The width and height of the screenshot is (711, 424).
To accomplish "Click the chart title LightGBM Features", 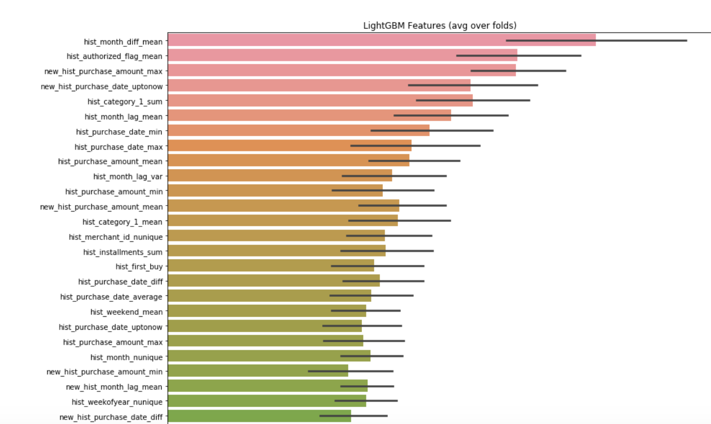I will pos(439,25).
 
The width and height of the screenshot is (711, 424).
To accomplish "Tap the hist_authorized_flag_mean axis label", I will pos(114,56).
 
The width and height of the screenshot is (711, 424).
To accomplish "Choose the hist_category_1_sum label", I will pos(125,102).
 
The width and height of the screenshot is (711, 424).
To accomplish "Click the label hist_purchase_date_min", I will pos(119,132).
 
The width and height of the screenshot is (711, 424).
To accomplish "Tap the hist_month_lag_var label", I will pos(128,177).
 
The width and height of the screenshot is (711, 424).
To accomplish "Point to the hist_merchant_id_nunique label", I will pos(116,237).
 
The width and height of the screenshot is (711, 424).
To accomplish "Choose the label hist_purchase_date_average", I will pos(111,297).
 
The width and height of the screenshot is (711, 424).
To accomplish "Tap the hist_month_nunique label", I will pos(126,357).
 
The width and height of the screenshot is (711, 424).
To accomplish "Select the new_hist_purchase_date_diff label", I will pos(111,417).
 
